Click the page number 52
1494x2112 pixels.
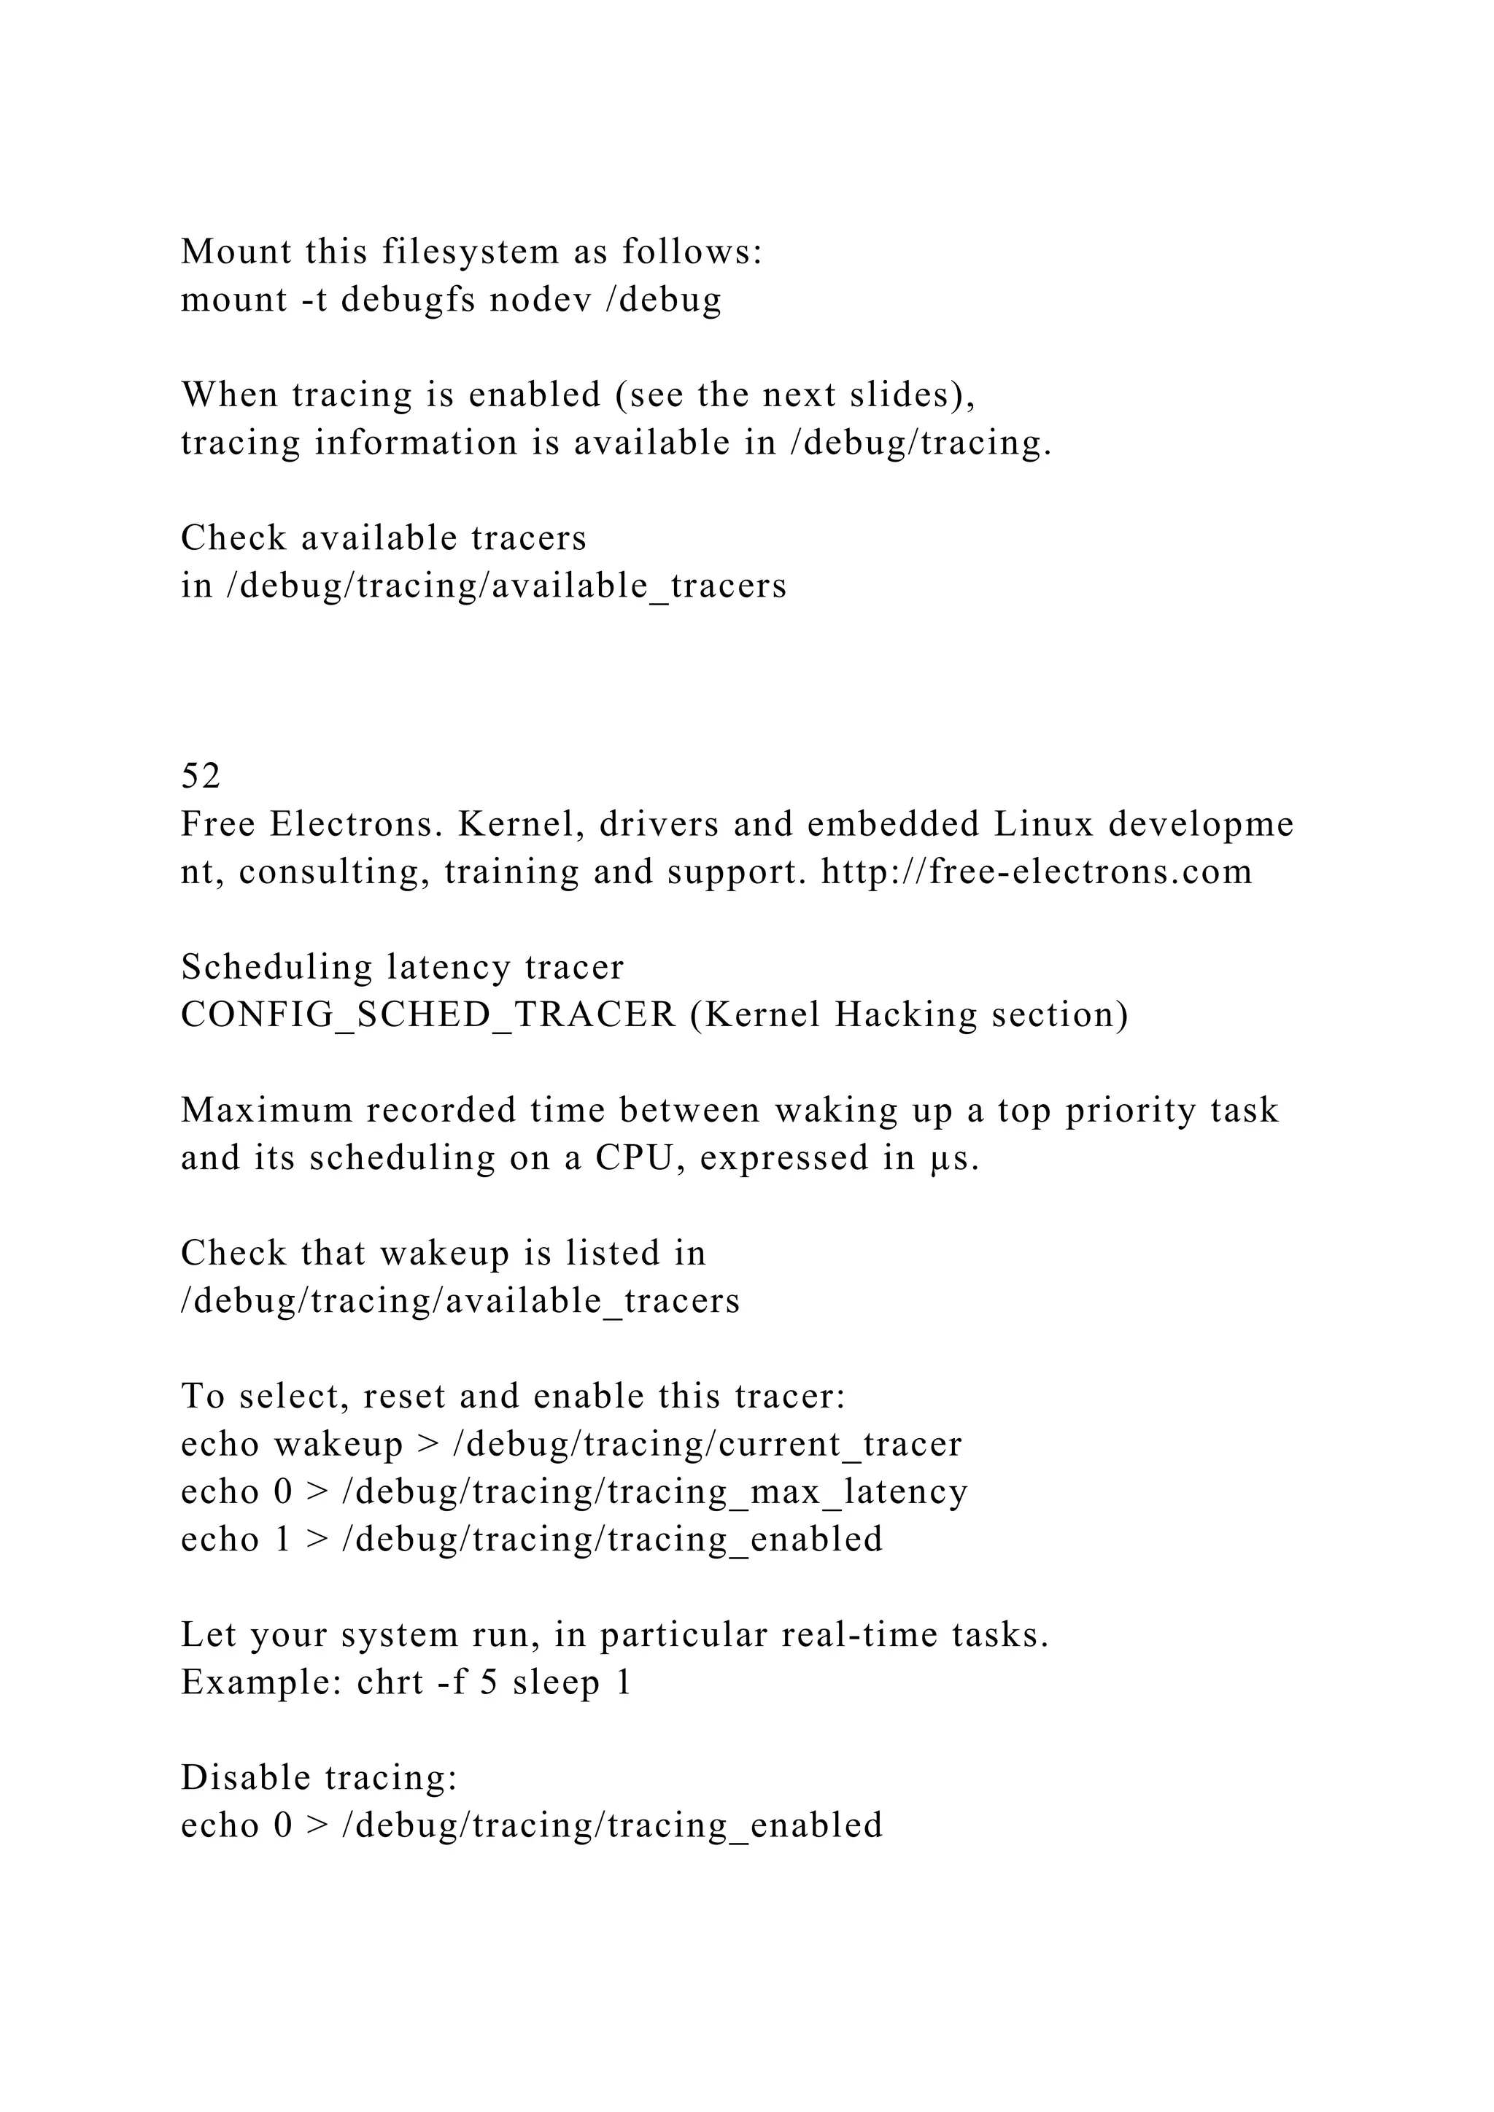click(201, 777)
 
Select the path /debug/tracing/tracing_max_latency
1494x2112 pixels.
click(654, 1492)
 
